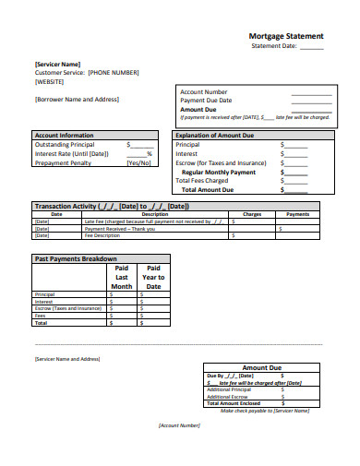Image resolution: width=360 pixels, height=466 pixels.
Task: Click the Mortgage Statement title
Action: [x=286, y=36]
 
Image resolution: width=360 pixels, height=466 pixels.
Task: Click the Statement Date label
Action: [x=273, y=45]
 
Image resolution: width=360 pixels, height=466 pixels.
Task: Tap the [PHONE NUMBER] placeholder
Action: [x=114, y=72]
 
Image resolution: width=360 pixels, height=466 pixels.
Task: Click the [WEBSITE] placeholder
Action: [x=50, y=81]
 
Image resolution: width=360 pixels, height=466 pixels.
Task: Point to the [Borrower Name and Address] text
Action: [x=77, y=99]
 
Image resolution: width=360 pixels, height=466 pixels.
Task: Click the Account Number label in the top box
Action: [x=203, y=92]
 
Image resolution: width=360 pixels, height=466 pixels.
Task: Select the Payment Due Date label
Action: [x=206, y=101]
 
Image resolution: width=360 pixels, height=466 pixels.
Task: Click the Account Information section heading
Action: [x=64, y=136]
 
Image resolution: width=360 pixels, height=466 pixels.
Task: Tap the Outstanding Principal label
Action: [x=64, y=145]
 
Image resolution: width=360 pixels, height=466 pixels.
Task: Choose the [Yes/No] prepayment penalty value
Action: [x=138, y=162]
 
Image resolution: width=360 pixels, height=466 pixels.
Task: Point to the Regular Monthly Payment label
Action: [x=219, y=173]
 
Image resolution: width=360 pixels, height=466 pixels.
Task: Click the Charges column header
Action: [x=252, y=214]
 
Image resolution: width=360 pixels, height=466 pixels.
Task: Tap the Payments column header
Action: [x=297, y=214]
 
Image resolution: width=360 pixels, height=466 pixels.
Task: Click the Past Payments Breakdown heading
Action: [x=75, y=259]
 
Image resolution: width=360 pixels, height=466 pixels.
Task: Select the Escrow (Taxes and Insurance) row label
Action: [x=67, y=308]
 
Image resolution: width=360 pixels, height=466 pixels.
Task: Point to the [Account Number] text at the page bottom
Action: [x=179, y=425]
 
